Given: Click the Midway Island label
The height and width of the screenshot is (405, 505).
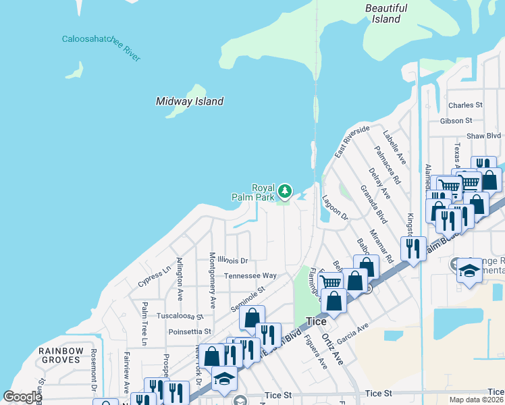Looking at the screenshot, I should [x=189, y=101].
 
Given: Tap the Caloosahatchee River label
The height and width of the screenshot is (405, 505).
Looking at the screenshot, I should [x=101, y=48].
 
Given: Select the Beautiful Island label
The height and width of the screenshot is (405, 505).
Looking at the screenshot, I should [x=386, y=13].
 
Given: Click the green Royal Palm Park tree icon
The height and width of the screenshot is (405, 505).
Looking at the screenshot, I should [x=286, y=192].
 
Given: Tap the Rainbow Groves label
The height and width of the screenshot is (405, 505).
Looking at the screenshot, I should [x=61, y=355].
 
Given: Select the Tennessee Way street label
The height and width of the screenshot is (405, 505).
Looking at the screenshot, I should [x=250, y=275].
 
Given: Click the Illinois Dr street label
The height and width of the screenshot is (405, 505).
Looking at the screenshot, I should [x=233, y=260].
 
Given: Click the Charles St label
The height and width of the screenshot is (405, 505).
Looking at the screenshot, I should [x=465, y=105].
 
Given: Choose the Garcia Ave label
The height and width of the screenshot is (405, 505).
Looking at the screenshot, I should [x=352, y=333].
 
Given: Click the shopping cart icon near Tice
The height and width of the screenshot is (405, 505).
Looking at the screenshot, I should [x=330, y=282].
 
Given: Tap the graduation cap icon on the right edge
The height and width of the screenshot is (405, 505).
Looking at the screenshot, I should [x=469, y=270].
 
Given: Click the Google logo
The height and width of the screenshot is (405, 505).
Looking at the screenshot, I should [x=22, y=397].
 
